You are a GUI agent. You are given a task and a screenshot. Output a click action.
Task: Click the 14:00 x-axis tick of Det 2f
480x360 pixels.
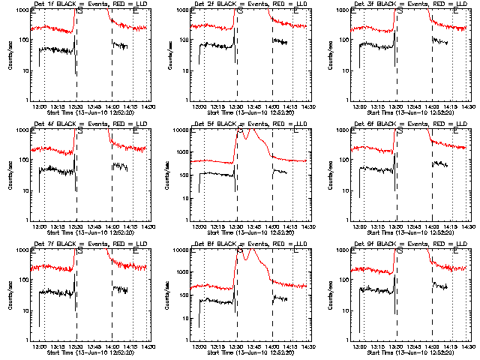click(272, 106)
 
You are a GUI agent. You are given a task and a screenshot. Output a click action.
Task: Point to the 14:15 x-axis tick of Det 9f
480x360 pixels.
click(451, 346)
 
